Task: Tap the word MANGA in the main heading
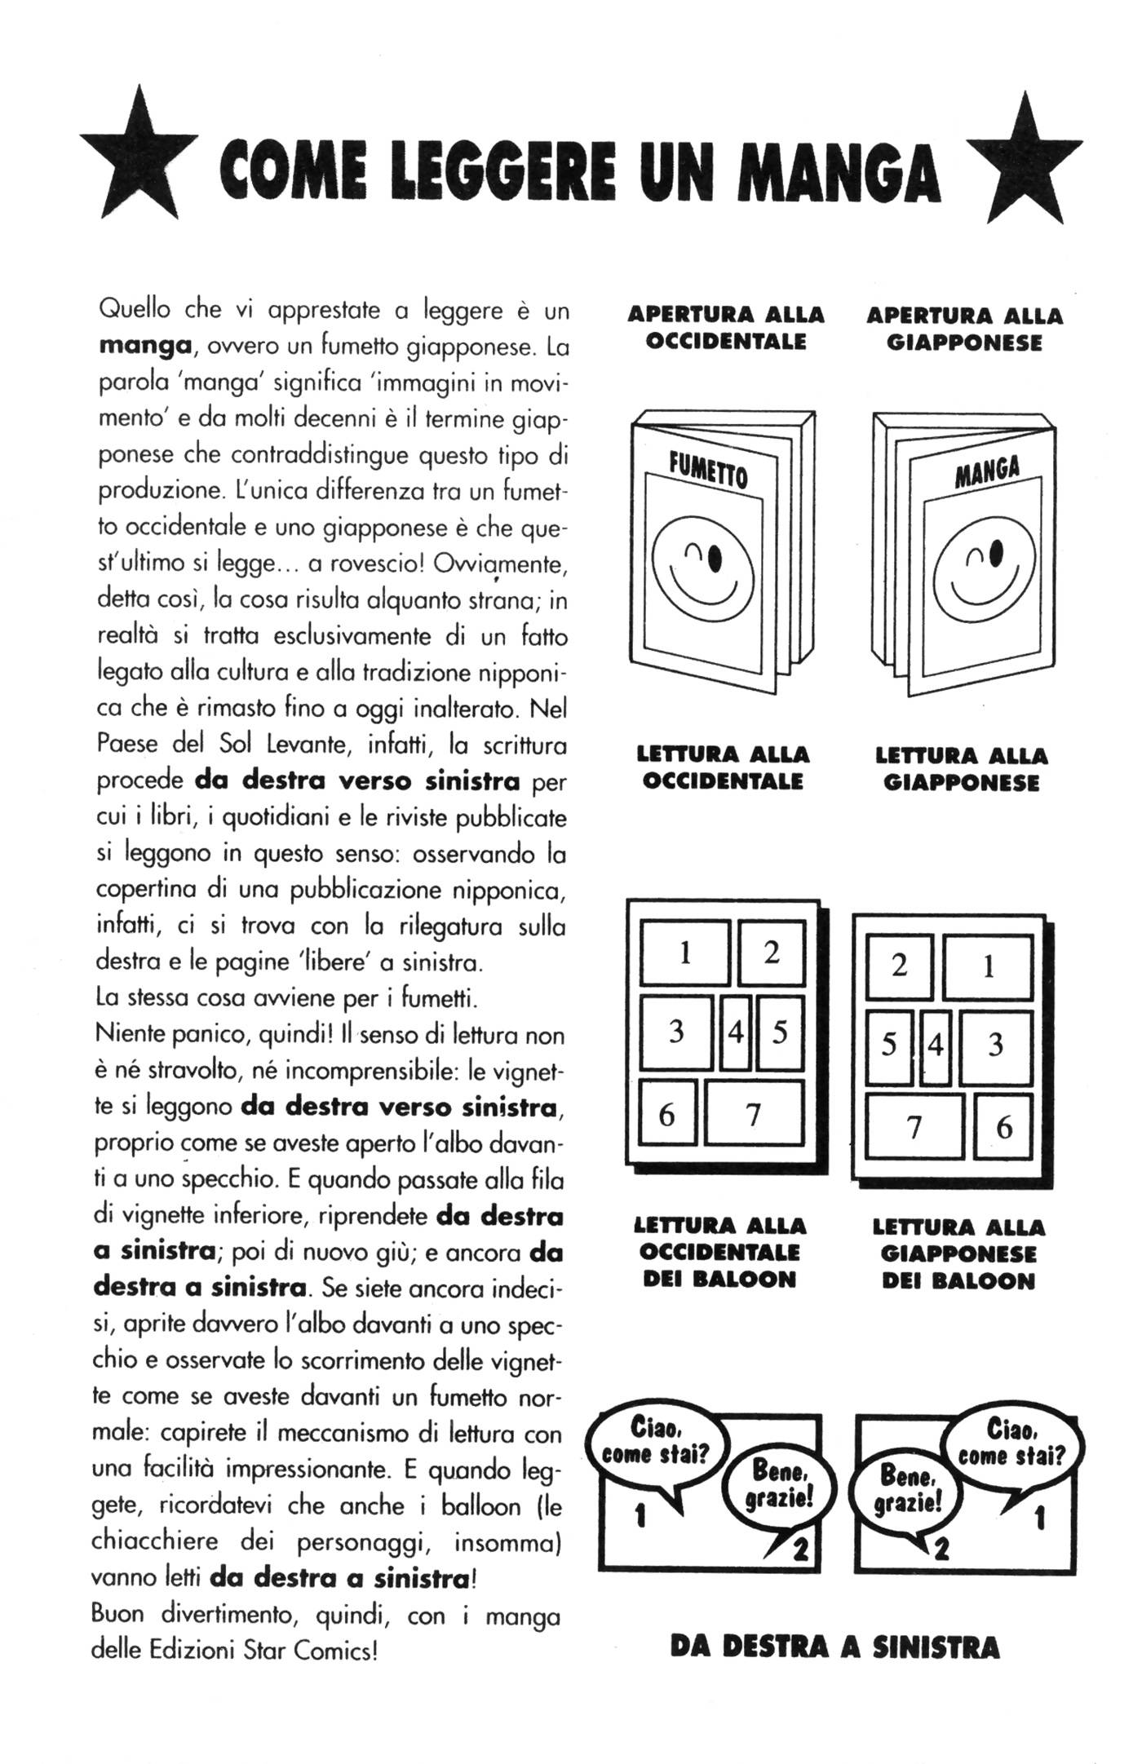(844, 172)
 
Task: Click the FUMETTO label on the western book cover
(708, 471)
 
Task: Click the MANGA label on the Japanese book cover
(987, 471)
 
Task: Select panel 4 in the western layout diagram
(736, 1032)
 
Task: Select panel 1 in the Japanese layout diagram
(989, 967)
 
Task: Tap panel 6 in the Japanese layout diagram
(1004, 1129)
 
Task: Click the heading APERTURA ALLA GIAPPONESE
(964, 329)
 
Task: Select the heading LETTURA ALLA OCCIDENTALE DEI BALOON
(719, 1252)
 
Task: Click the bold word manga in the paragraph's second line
(144, 346)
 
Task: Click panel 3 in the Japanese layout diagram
(995, 1046)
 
